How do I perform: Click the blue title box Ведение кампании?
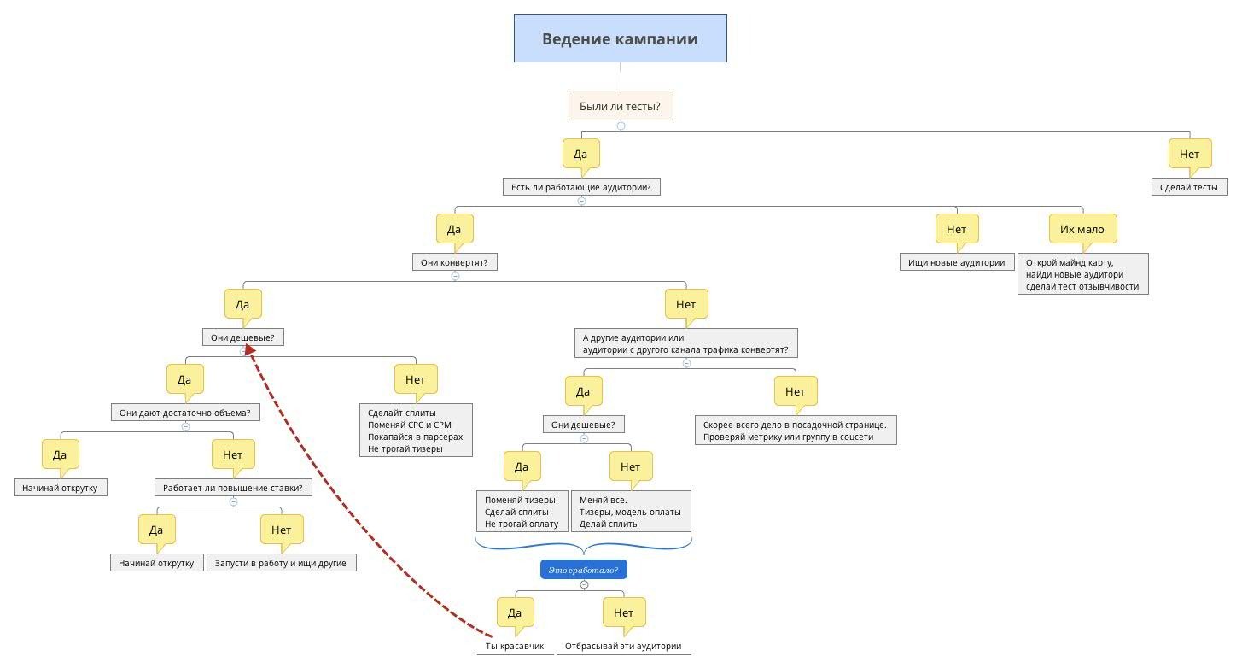(620, 38)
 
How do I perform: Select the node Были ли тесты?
(621, 106)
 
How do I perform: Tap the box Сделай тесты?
(1189, 187)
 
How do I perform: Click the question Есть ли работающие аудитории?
(581, 187)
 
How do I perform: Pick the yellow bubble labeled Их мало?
(1082, 230)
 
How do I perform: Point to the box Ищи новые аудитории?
(956, 262)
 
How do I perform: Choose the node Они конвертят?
(454, 262)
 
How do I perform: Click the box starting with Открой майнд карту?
(1082, 274)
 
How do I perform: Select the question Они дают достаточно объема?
(185, 413)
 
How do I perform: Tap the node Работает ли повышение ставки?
(233, 488)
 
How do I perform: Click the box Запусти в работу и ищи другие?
(281, 563)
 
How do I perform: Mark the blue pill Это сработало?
(583, 570)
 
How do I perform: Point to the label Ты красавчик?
(515, 646)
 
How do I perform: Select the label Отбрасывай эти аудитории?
(623, 646)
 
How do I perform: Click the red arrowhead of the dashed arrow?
(250, 349)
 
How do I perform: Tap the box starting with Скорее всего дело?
(795, 431)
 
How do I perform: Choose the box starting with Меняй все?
(631, 512)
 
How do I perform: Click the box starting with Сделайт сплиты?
(416, 431)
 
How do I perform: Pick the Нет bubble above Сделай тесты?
(1190, 155)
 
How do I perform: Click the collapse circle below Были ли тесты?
(621, 126)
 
